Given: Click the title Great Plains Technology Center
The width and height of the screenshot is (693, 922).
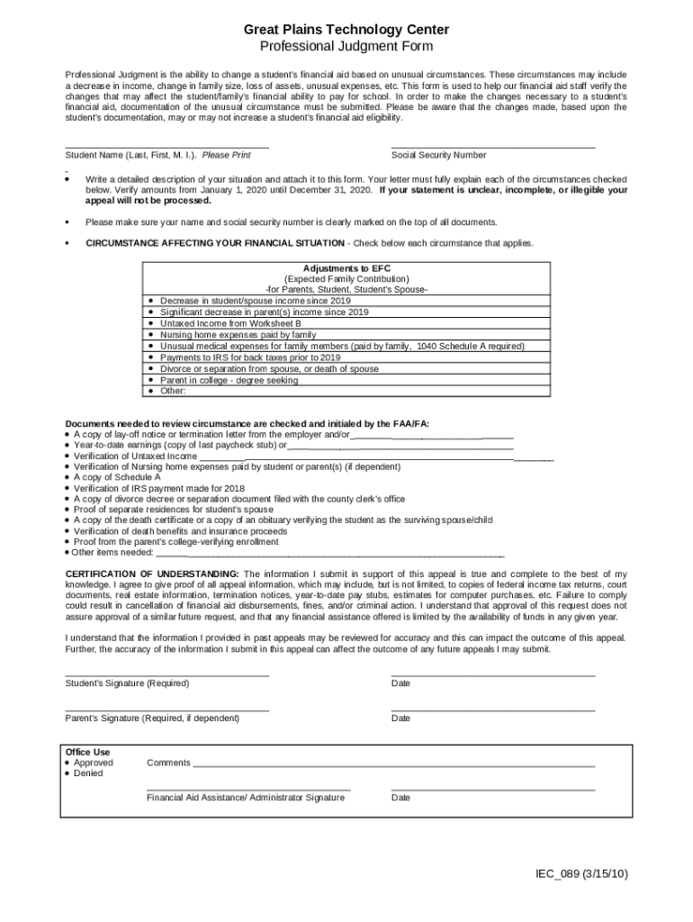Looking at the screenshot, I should tap(346, 30).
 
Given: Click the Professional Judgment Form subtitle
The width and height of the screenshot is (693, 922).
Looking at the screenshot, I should tap(346, 46).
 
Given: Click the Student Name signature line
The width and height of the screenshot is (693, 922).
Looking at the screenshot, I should tap(167, 146).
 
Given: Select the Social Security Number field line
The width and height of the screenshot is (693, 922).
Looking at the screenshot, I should tap(493, 146).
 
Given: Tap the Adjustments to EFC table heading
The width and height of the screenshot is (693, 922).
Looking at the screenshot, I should tap(346, 268).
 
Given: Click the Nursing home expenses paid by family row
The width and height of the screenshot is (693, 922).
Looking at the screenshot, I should tap(238, 335).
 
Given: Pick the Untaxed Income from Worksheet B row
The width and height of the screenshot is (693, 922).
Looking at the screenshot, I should tap(229, 323).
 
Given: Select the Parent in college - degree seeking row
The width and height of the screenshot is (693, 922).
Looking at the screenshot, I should tap(229, 380).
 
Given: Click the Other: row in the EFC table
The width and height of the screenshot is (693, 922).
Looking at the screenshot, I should tap(172, 391).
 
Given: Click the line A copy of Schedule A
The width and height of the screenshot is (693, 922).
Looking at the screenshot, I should tap(117, 477).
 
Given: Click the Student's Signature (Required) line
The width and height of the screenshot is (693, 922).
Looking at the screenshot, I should tap(167, 674).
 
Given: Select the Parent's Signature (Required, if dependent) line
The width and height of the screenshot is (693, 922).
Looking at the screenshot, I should tap(167, 710).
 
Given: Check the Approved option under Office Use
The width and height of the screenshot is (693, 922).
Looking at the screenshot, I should tap(68, 763).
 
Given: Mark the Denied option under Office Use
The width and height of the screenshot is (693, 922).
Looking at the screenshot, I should tap(68, 773).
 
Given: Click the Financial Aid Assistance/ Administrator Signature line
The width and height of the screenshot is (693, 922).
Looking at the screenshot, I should tap(248, 789).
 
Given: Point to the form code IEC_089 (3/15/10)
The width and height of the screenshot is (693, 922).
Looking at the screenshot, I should tap(581, 873).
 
